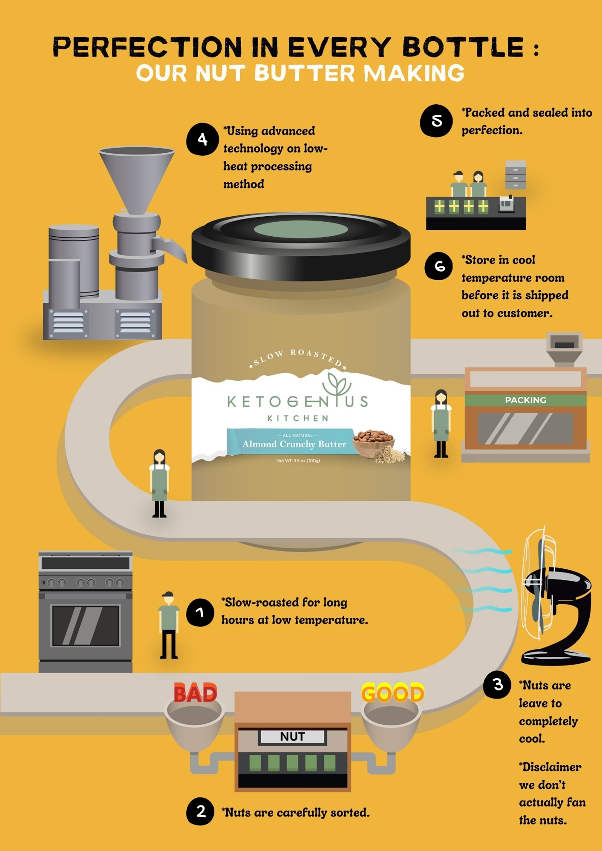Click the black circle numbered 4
click(x=202, y=139)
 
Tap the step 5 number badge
click(x=436, y=121)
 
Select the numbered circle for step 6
click(x=439, y=266)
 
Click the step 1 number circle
click(x=200, y=612)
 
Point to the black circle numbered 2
click(x=200, y=811)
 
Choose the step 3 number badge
click(x=497, y=685)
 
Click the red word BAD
click(x=196, y=693)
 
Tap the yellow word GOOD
click(x=393, y=693)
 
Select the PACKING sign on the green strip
click(x=525, y=400)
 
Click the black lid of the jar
click(x=301, y=246)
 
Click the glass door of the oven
click(x=86, y=625)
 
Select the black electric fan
click(x=556, y=596)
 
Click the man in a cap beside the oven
click(x=169, y=625)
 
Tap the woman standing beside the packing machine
click(x=441, y=424)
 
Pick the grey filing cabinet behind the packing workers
click(x=516, y=175)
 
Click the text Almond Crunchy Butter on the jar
click(x=294, y=444)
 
